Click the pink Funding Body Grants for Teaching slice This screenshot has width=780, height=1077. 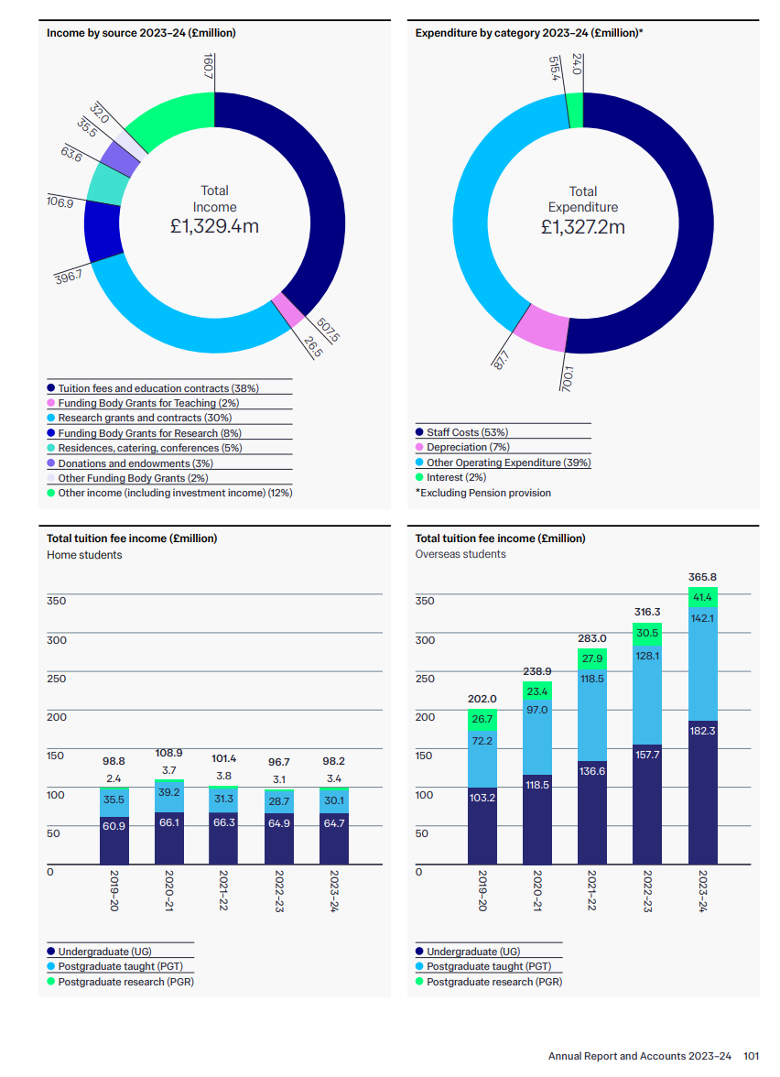coord(290,309)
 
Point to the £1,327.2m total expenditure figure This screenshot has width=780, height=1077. coord(582,226)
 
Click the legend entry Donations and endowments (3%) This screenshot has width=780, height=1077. coord(135,463)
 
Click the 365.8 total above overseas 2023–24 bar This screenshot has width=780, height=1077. coord(702,577)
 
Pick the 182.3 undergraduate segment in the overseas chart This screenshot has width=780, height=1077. coord(702,730)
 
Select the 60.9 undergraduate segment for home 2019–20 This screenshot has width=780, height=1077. coord(114,826)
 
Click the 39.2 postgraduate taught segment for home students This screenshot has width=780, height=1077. coord(169,792)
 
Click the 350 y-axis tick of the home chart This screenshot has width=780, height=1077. coord(57,601)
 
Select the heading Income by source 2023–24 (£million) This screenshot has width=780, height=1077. coord(141,33)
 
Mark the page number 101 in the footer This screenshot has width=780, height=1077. coord(751,1056)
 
